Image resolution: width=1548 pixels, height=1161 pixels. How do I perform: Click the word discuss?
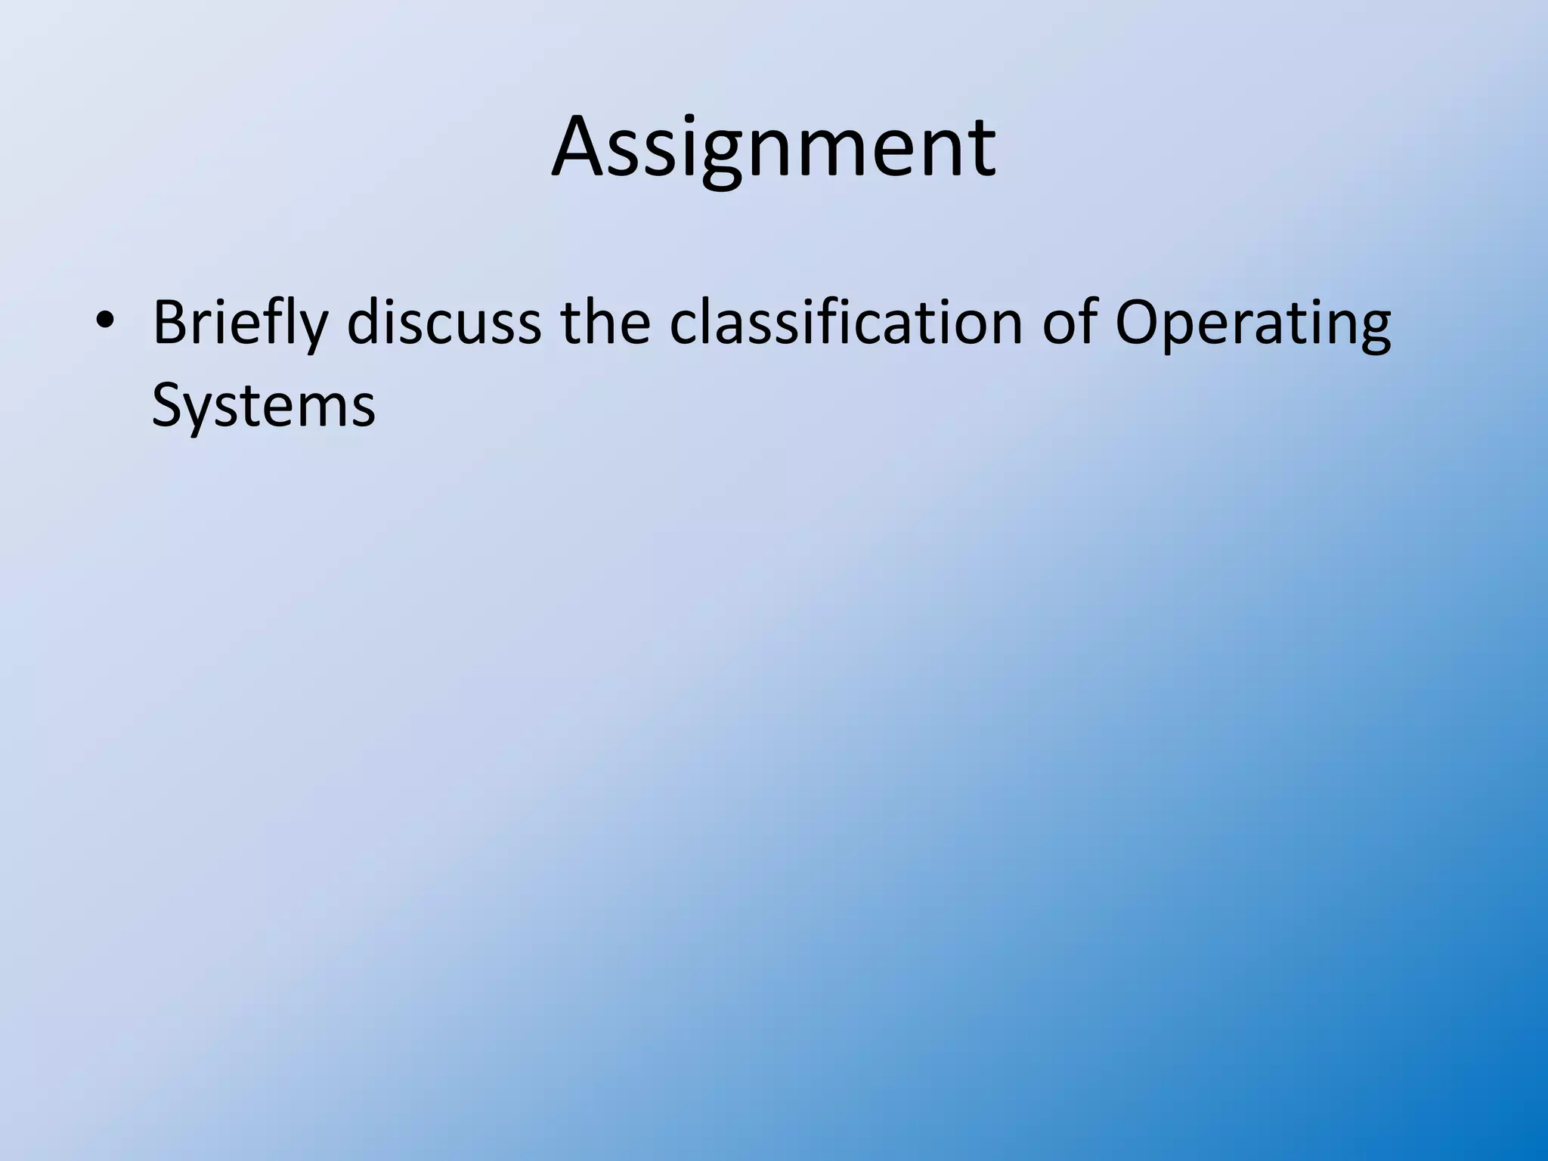[444, 323]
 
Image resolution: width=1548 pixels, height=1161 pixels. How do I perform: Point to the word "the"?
[605, 323]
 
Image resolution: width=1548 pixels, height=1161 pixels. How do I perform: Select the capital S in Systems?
[168, 406]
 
